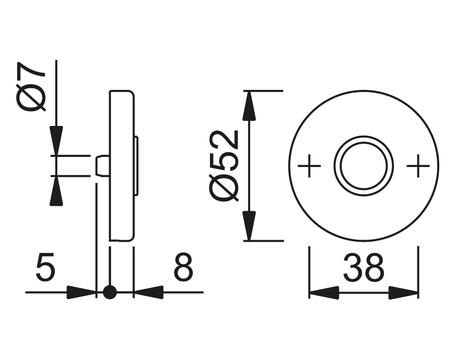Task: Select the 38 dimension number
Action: [x=363, y=269]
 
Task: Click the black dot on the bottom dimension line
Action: [x=110, y=292]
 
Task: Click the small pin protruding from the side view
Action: [x=101, y=166]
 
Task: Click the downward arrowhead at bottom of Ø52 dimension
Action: [x=248, y=226]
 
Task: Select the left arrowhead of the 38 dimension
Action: [x=324, y=292]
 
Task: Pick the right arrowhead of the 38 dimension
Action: [x=404, y=292]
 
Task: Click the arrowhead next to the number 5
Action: [x=81, y=292]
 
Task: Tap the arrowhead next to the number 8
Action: [x=148, y=292]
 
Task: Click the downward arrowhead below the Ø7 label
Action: [x=56, y=140]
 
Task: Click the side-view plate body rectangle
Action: [x=122, y=166]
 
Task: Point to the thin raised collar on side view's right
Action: [x=137, y=166]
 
